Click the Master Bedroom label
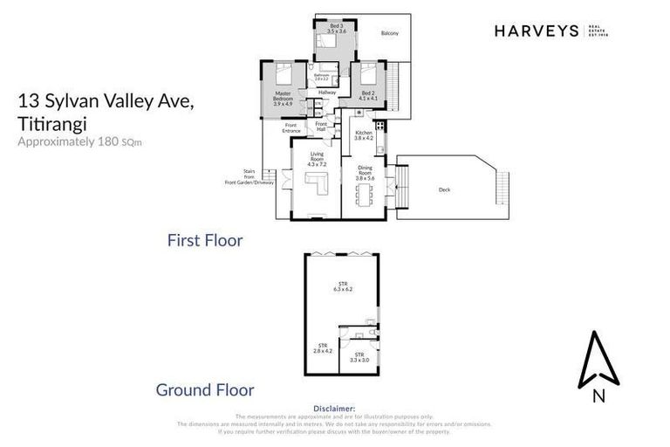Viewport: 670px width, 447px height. point(284,96)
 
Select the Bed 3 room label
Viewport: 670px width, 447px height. point(337,29)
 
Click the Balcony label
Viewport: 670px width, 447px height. point(389,33)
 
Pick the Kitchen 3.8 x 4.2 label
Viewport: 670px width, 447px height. point(364,134)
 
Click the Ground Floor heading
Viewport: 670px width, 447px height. point(204,390)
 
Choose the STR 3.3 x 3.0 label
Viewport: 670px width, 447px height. point(359,357)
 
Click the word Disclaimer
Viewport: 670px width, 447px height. point(334,408)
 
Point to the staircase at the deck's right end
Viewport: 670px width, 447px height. point(502,184)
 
